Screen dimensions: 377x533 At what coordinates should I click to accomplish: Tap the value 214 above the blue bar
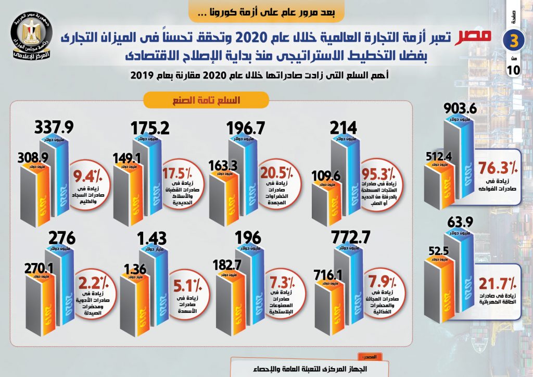[x=343, y=128]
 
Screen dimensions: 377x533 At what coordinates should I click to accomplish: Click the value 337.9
[x=53, y=128]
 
